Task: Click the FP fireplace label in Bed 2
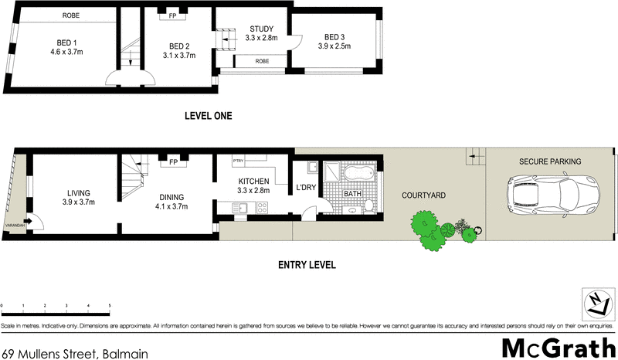point(170,15)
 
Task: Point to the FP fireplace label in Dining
point(172,163)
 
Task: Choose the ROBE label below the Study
point(263,60)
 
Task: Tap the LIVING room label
point(78,192)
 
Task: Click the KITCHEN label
point(253,181)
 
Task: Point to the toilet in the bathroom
point(369,204)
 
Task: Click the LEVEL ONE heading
point(208,116)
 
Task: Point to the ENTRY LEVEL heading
point(306,265)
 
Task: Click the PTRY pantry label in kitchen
point(238,161)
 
